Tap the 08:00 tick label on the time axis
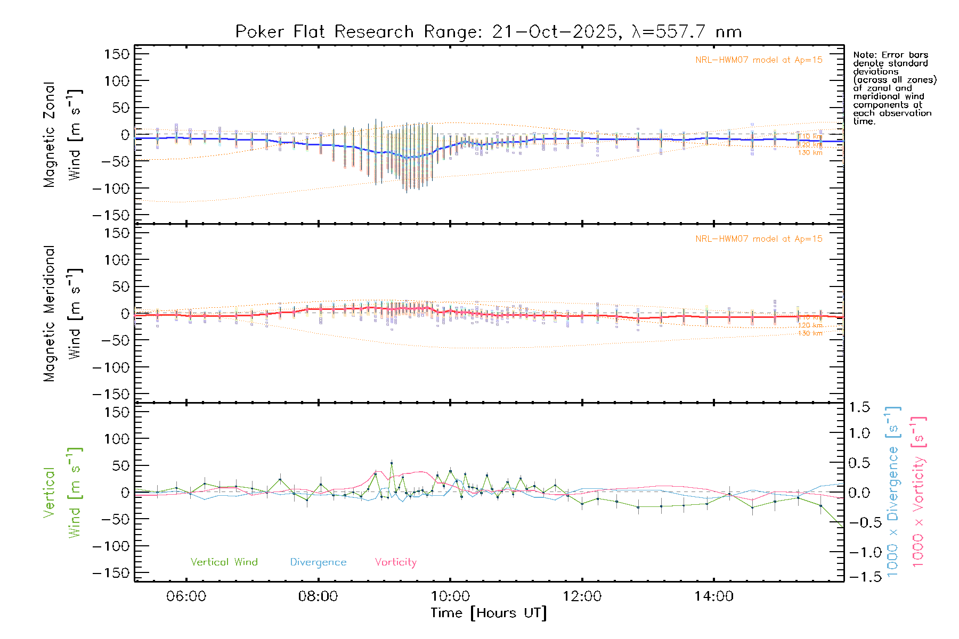(x=318, y=596)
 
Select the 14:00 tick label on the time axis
(x=713, y=596)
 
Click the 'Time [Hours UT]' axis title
(x=489, y=613)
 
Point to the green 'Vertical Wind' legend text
(x=224, y=562)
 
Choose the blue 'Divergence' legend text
(x=318, y=562)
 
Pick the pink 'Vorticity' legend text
(x=395, y=562)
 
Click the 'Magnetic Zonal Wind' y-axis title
(x=62, y=134)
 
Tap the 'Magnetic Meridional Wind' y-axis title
(x=62, y=313)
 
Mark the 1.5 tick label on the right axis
(x=859, y=407)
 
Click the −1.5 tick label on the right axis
(x=859, y=576)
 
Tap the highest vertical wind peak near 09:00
(x=392, y=463)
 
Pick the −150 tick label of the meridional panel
(x=111, y=394)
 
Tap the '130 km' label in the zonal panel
(x=810, y=153)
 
